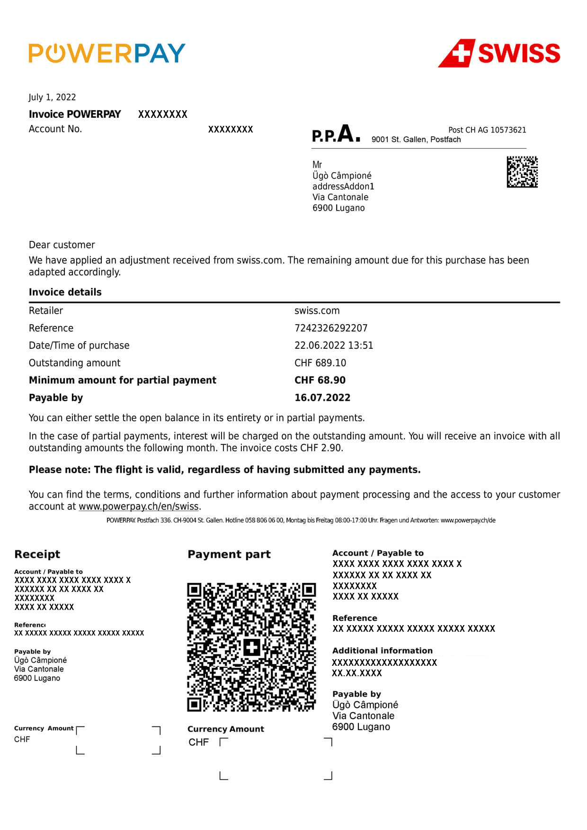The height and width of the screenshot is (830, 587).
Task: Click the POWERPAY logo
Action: pyautogui.click(x=107, y=53)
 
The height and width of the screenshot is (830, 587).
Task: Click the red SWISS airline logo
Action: pyautogui.click(x=499, y=53)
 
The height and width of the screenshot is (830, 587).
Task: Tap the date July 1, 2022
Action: pyautogui.click(x=52, y=97)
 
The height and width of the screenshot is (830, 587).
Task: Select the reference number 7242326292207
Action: pyautogui.click(x=331, y=328)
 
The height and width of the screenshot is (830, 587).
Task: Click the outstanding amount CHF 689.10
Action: pyautogui.click(x=320, y=363)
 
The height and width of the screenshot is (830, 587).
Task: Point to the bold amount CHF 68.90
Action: pyautogui.click(x=320, y=380)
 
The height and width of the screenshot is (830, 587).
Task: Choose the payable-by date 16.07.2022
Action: pyautogui.click(x=322, y=397)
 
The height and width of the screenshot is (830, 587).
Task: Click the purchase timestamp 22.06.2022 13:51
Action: pyautogui.click(x=334, y=345)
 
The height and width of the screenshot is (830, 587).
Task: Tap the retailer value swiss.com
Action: pyautogui.click(x=317, y=311)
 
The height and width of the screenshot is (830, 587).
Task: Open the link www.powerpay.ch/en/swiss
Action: pyautogui.click(x=138, y=506)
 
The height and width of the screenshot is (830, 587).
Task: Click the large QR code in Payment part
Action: pyautogui.click(x=251, y=647)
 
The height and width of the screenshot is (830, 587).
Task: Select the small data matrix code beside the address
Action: pyautogui.click(x=522, y=172)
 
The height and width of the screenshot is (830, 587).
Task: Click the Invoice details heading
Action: pyautogui.click(x=65, y=292)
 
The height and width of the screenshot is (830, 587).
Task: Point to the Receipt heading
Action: pyautogui.click(x=37, y=554)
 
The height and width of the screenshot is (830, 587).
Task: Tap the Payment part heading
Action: pyautogui.click(x=229, y=554)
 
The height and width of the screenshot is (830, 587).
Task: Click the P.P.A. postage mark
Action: pyautogui.click(x=336, y=134)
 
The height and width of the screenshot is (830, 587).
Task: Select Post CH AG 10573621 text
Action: pyautogui.click(x=487, y=130)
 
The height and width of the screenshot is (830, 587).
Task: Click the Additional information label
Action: pyautogui.click(x=382, y=651)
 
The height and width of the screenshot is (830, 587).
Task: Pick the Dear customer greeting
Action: pyautogui.click(x=62, y=245)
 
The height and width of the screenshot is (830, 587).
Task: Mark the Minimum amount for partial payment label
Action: pyautogui.click(x=123, y=380)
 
